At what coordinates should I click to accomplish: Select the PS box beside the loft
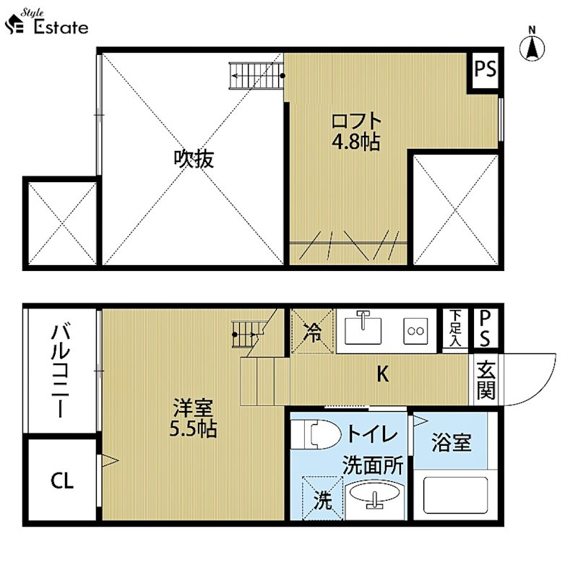485,69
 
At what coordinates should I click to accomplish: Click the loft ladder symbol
254,74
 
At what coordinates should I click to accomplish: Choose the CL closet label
62,480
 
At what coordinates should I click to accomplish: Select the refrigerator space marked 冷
313,332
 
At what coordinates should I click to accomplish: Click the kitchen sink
365,329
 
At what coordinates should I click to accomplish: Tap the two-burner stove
416,330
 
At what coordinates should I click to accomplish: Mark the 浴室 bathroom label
452,443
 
